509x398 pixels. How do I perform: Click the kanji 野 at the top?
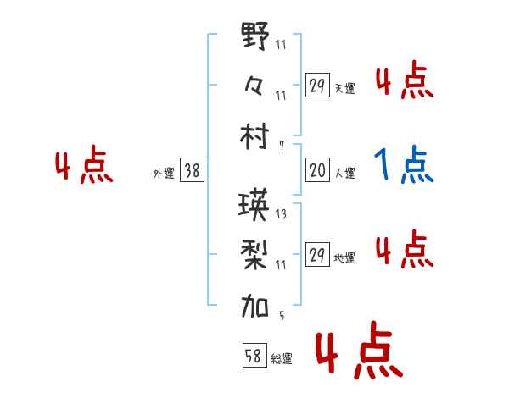click(255, 38)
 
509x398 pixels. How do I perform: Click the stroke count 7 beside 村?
click(282, 146)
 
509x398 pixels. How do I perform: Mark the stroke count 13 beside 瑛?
click(281, 214)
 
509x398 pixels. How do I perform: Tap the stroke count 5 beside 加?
click(282, 317)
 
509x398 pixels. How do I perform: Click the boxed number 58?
click(253, 357)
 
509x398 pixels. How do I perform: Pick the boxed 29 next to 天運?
click(317, 86)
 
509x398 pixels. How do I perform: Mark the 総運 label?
click(281, 359)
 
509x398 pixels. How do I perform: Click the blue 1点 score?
click(404, 165)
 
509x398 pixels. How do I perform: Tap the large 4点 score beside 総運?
click(356, 352)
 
